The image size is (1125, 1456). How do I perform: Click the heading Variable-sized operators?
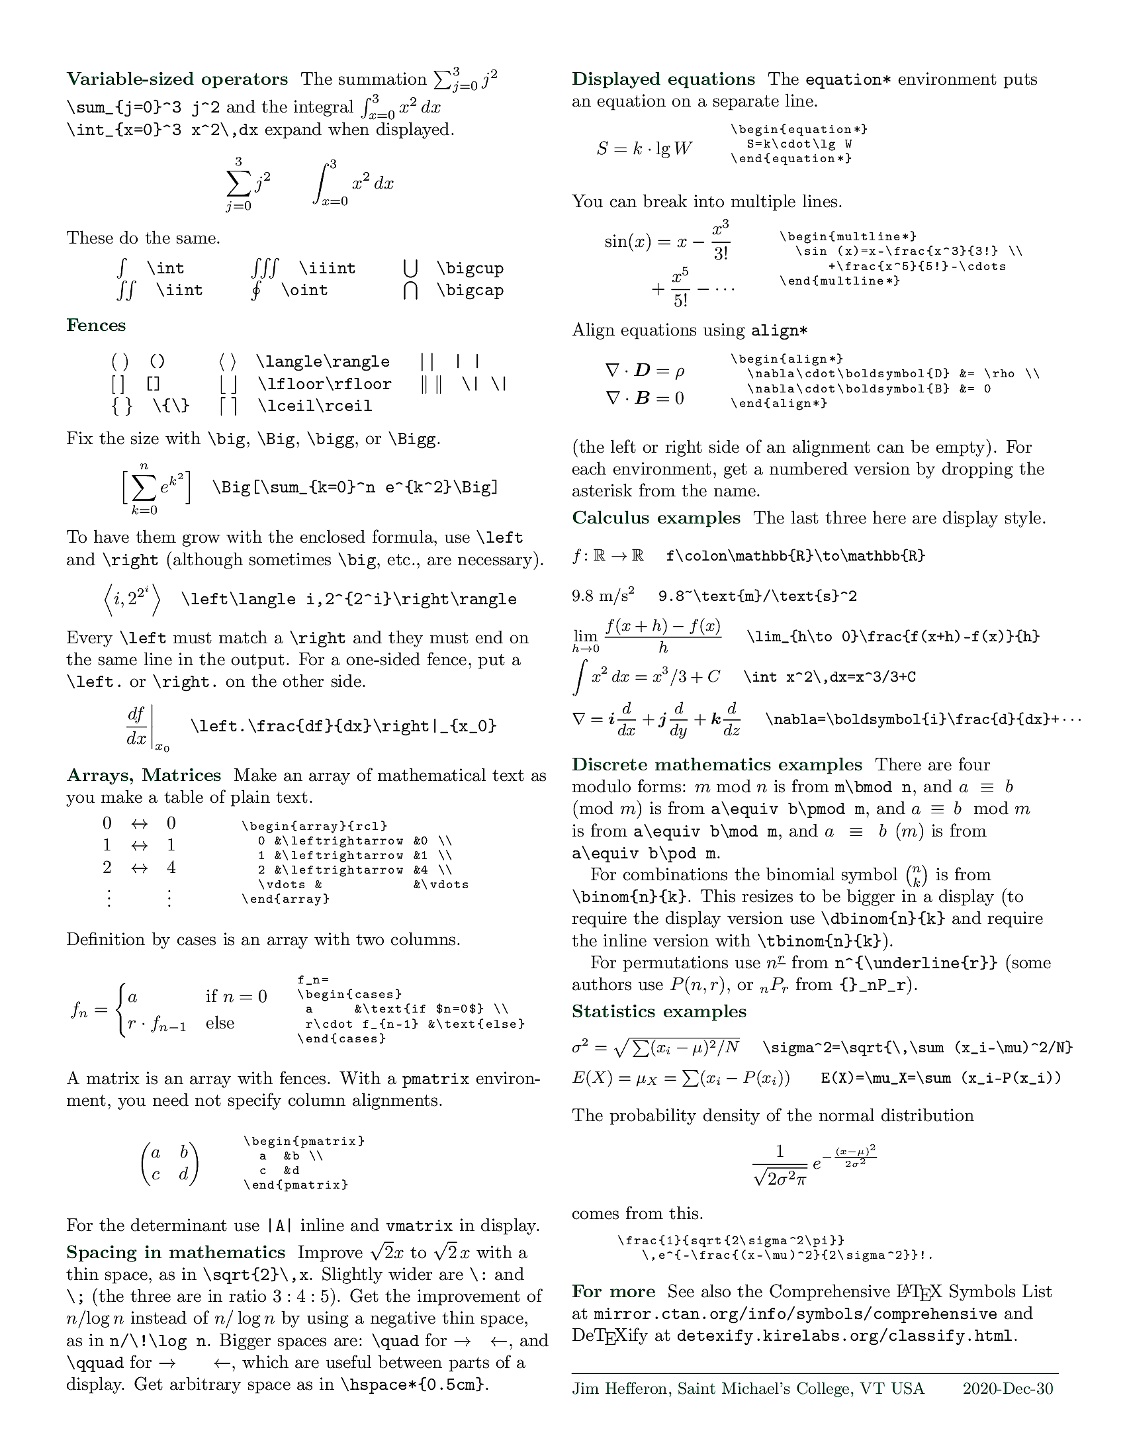click(177, 79)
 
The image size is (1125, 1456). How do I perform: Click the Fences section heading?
click(96, 326)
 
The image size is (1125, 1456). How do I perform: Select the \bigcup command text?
click(470, 269)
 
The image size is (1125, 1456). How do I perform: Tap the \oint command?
click(304, 291)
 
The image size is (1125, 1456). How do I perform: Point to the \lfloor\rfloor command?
click(324, 385)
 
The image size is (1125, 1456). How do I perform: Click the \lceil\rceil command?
click(314, 406)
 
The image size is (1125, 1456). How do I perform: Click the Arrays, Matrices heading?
click(144, 776)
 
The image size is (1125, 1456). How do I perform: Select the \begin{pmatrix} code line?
click(304, 1142)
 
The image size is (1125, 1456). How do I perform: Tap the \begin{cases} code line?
click(349, 995)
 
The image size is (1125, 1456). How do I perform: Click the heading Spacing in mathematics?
click(175, 1253)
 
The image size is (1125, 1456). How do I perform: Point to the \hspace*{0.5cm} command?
click(413, 1385)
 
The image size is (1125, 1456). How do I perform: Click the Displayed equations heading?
click(663, 79)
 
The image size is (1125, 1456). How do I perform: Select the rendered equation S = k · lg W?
click(644, 149)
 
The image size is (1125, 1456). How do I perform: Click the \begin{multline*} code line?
click(848, 237)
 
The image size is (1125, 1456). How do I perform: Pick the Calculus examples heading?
click(656, 518)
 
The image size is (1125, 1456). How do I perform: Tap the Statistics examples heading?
click(658, 1012)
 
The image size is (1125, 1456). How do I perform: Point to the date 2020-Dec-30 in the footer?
click(1008, 1388)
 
